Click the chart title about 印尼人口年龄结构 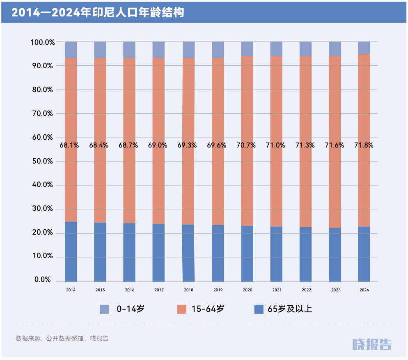(x=97, y=13)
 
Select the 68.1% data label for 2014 (x=69, y=145)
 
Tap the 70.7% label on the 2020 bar (x=246, y=145)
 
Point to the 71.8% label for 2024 (x=364, y=145)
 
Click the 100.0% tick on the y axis (x=42, y=42)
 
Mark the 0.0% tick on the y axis (x=43, y=280)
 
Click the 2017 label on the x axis (x=159, y=290)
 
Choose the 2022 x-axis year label (x=306, y=290)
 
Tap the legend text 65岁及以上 (x=290, y=309)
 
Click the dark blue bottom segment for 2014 (x=71, y=252)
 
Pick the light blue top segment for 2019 (x=218, y=50)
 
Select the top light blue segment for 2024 (x=364, y=48)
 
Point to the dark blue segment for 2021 (x=276, y=254)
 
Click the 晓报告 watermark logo (x=372, y=344)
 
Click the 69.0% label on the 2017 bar (x=158, y=145)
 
